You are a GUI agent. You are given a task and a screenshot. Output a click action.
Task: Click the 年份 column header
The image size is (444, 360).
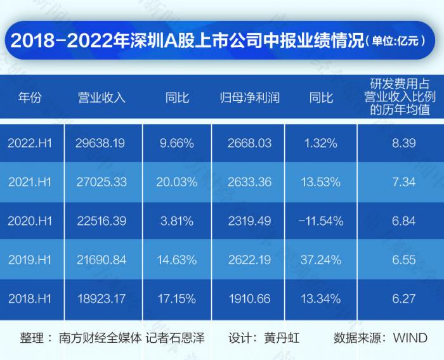point(29,98)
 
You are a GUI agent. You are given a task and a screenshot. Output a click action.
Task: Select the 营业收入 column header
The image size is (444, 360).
point(101,98)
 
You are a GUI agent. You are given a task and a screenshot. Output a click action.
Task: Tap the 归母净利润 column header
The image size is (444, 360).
point(249,98)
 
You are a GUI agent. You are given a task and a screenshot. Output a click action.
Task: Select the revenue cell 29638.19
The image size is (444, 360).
point(101,144)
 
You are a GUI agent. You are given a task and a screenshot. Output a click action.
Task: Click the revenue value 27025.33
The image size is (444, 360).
point(101,183)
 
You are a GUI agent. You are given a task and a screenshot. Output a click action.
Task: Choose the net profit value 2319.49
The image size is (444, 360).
point(249,221)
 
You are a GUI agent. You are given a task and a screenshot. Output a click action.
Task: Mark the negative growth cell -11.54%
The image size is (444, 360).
point(320,221)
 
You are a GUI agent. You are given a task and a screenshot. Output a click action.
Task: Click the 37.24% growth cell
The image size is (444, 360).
point(320,259)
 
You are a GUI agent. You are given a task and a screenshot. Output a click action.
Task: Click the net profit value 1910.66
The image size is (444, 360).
point(249,298)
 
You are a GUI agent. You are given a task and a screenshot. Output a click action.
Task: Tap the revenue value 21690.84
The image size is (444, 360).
point(101,259)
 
